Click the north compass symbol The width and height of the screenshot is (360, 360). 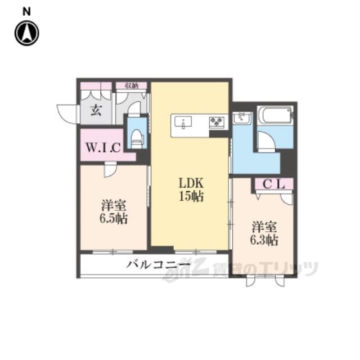[27, 33]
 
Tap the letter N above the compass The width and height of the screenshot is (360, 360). [26, 12]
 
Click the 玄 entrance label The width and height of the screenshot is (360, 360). [96, 110]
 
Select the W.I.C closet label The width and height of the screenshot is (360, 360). [103, 147]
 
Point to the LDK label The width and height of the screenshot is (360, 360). [191, 183]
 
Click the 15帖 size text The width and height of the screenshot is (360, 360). [191, 196]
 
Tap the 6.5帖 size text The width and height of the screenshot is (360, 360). [114, 218]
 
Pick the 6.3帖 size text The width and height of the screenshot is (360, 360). [264, 240]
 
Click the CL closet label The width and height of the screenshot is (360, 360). [274, 184]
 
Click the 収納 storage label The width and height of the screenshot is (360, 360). [132, 86]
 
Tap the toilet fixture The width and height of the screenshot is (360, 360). [137, 139]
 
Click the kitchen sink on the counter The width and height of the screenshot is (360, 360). [183, 121]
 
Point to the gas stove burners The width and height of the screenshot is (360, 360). [217, 121]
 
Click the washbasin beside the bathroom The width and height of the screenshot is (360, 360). [242, 118]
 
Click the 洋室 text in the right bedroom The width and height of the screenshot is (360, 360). [264, 227]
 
